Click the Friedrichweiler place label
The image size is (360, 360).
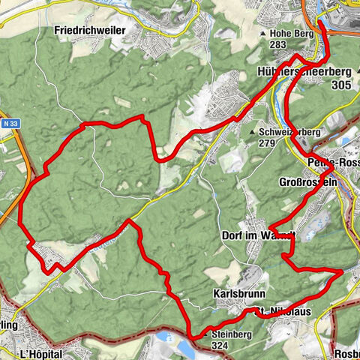pyautogui.click(x=89, y=31)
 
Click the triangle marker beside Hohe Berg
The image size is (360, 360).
pyautogui.click(x=262, y=34)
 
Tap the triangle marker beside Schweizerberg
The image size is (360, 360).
pyautogui.click(x=253, y=133)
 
